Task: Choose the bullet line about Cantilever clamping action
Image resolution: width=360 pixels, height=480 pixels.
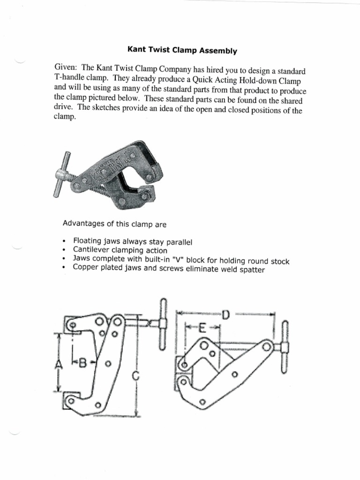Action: tap(120, 250)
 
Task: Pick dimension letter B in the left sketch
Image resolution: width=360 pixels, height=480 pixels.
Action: tap(82, 362)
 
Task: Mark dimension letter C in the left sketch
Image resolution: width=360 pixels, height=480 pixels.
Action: tap(135, 375)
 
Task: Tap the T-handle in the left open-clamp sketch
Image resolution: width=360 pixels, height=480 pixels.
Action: tap(162, 324)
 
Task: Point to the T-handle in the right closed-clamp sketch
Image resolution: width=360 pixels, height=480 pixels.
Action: tap(285, 348)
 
